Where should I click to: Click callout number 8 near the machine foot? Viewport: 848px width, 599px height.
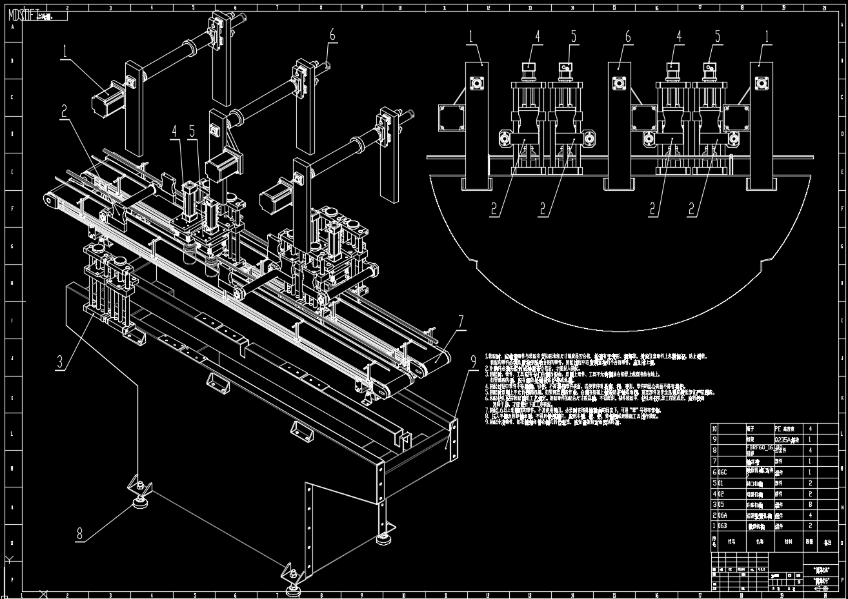79,533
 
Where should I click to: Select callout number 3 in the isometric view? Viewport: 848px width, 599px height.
60,362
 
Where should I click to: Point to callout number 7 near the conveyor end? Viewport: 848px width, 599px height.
461,321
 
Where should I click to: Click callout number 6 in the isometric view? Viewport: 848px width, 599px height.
332,34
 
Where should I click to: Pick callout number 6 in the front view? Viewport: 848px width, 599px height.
628,37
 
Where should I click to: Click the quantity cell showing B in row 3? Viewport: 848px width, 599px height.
810,504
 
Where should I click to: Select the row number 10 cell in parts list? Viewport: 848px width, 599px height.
714,428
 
